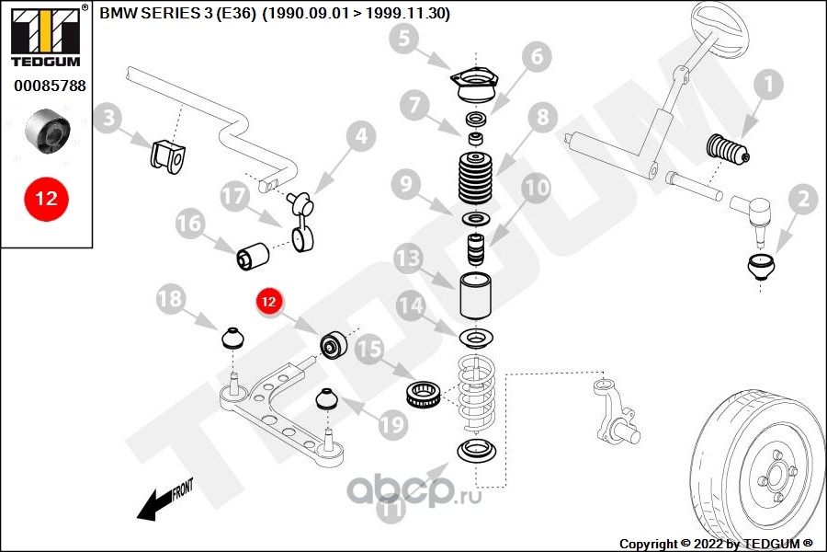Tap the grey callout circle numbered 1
pyautogui.click(x=768, y=86)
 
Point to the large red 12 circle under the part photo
pyautogui.click(x=46, y=198)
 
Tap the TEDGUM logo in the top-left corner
pyautogui.click(x=46, y=37)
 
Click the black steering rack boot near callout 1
pyautogui.click(x=727, y=151)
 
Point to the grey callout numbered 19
pyautogui.click(x=393, y=424)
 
